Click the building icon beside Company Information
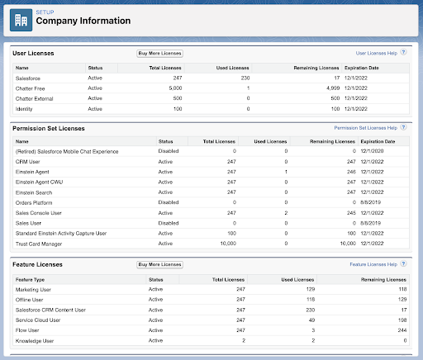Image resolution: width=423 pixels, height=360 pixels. click(21, 20)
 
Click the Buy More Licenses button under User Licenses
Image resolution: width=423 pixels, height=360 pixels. click(159, 54)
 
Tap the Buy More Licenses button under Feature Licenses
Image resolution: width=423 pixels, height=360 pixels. click(159, 264)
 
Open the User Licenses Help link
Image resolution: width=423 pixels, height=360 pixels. click(377, 53)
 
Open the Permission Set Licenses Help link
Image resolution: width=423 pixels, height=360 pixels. click(366, 128)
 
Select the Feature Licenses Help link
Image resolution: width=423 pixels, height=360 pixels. click(373, 264)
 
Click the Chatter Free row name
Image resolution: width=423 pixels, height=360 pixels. click(30, 88)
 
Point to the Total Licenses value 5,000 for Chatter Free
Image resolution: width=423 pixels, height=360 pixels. click(175, 88)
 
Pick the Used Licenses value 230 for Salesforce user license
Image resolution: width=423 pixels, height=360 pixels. click(245, 78)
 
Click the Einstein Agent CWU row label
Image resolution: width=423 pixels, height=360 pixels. click(39, 182)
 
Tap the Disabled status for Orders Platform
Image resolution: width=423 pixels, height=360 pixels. click(169, 202)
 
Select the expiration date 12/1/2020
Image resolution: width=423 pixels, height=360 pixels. click(372, 151)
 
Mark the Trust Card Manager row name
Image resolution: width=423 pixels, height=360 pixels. click(39, 244)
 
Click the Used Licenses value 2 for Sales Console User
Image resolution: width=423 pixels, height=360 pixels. click(286, 213)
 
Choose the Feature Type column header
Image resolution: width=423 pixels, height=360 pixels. click(30, 280)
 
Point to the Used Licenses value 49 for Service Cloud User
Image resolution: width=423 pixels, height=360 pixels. click(311, 320)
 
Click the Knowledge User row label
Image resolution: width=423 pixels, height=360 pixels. click(35, 341)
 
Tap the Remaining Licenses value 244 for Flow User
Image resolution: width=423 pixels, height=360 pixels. click(402, 330)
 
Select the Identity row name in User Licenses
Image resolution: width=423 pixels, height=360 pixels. click(24, 109)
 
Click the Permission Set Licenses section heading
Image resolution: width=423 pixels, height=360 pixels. click(49, 129)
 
